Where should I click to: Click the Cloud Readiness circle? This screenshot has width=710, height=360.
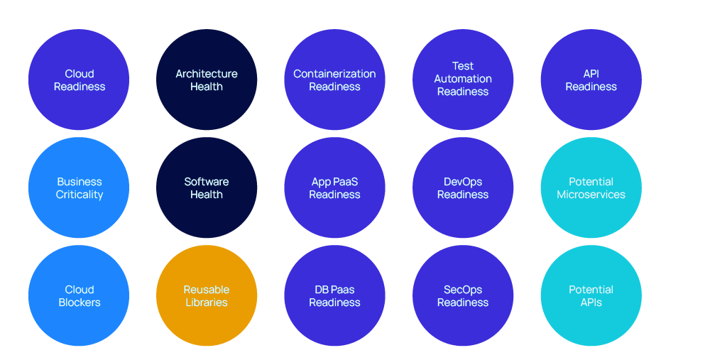[x=79, y=80]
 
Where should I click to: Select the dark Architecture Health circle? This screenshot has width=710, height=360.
[x=207, y=80]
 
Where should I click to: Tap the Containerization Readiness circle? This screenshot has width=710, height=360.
[x=334, y=80]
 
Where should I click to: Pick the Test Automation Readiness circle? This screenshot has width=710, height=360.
[x=463, y=80]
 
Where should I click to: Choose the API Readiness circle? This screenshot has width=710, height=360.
[x=591, y=80]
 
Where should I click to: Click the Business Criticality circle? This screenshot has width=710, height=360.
[x=79, y=187]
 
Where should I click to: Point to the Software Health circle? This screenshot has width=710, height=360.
[x=207, y=187]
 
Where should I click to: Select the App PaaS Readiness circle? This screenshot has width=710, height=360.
[x=334, y=187]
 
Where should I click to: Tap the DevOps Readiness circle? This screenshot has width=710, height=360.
[x=463, y=187]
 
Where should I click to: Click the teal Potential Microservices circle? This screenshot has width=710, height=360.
[x=591, y=187]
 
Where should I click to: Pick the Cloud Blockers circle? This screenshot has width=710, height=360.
[x=79, y=295]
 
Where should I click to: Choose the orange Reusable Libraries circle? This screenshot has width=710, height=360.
[x=207, y=295]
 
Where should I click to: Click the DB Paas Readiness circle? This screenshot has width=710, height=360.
[x=334, y=295]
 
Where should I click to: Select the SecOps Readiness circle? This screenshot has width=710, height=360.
[x=463, y=295]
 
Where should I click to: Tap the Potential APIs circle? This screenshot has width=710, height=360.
[x=591, y=295]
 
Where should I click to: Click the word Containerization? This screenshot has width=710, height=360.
[x=334, y=74]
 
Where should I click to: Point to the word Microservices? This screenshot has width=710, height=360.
[x=591, y=195]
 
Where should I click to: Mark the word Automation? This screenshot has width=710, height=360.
[x=463, y=79]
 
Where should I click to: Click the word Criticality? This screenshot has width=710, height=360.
[x=80, y=195]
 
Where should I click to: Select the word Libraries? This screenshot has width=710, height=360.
[x=207, y=302]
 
